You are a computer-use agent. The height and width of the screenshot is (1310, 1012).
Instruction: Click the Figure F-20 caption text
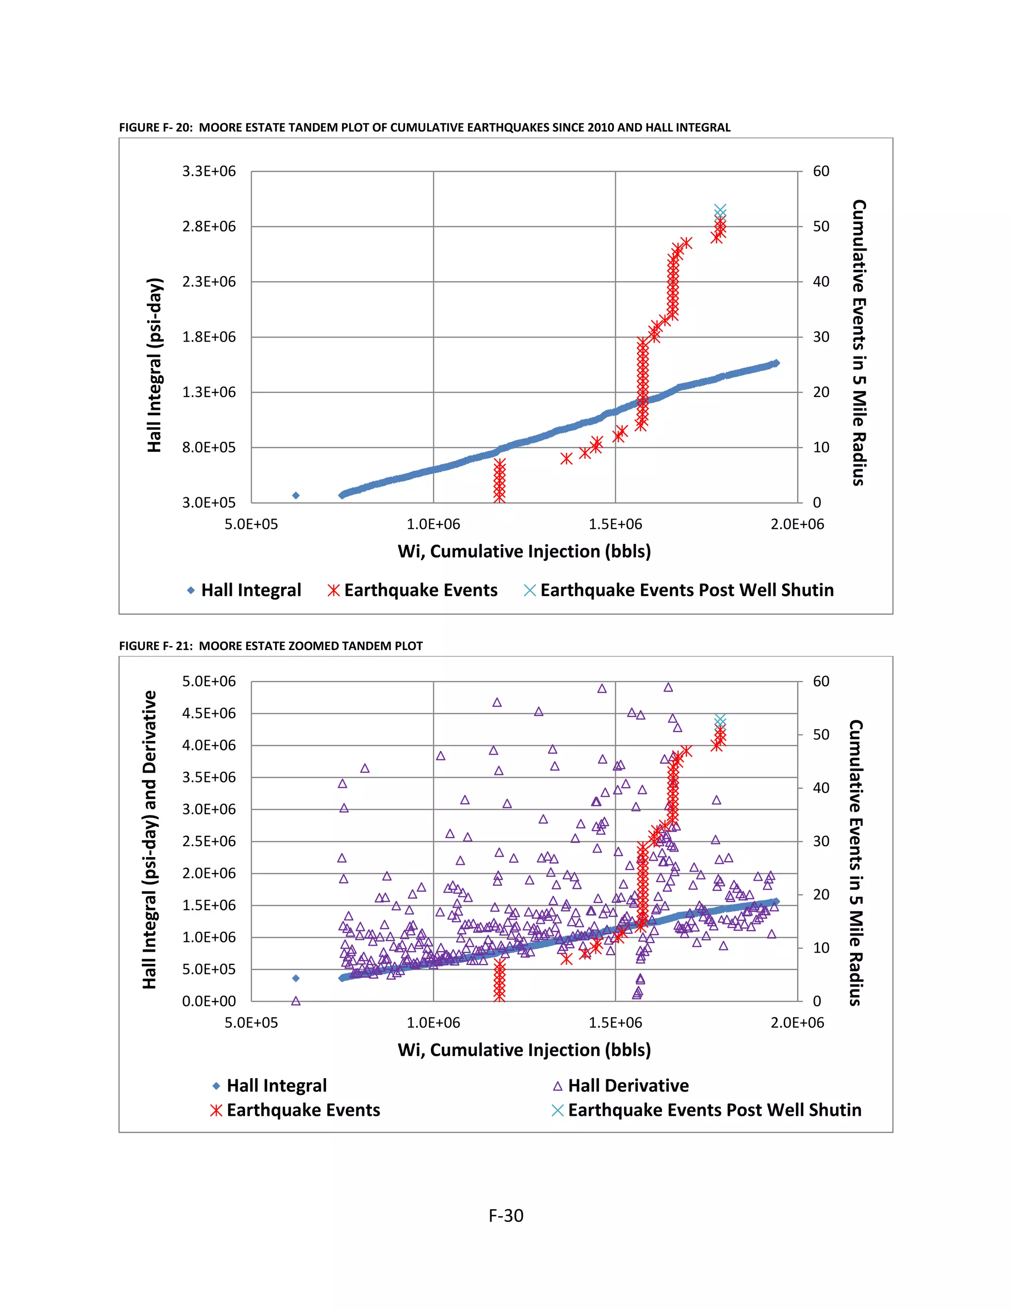coord(424,127)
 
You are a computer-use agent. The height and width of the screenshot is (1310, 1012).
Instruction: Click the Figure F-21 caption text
coord(270,646)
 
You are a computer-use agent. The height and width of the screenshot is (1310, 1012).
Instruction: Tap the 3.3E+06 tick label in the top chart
coord(209,172)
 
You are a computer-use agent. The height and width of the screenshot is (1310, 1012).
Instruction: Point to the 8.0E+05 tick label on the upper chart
coord(209,447)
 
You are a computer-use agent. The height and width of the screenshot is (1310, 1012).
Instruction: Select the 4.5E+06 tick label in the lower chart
coord(209,713)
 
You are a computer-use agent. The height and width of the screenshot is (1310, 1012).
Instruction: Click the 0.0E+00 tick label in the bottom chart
coord(209,1001)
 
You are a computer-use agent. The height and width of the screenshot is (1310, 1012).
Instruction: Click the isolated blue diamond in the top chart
coord(295,495)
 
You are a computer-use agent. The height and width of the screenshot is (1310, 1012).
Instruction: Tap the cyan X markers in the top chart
coord(720,211)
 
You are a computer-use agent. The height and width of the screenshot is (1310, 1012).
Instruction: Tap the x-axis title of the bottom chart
coord(524,1049)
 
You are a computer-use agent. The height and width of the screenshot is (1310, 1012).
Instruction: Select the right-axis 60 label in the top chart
coord(821,172)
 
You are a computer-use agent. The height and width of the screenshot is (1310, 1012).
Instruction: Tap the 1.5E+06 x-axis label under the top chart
coord(615,524)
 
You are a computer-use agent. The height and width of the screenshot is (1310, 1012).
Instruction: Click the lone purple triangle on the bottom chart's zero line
coord(295,1001)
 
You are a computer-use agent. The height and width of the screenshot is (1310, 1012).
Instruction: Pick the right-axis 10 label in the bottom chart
coord(821,948)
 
